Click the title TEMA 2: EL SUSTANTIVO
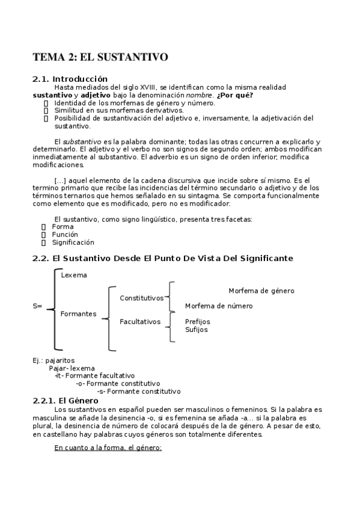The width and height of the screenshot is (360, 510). pos(100,58)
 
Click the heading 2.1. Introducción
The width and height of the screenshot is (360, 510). pos(70,79)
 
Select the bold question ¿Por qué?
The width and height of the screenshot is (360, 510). pos(235,95)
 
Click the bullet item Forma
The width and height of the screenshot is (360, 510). pos(63,227)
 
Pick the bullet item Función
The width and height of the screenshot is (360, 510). pos(65,235)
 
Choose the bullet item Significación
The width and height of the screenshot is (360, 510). pos(73,242)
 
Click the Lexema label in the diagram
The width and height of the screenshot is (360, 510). pos(74,275)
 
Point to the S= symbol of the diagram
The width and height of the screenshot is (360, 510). pos(37,306)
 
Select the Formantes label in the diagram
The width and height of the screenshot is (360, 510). pos(78,314)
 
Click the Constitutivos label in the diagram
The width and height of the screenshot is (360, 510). pos(141,298)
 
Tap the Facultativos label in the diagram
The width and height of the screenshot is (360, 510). pos(140,322)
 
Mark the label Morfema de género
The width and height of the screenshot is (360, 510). pos(261,290)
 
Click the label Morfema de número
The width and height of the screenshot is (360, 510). pos(219,306)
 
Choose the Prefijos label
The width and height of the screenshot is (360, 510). pos(198,322)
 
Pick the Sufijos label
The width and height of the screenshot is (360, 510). pos(196,330)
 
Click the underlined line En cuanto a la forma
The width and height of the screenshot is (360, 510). pos(108,447)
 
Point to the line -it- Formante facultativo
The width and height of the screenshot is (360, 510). pos(94,376)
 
